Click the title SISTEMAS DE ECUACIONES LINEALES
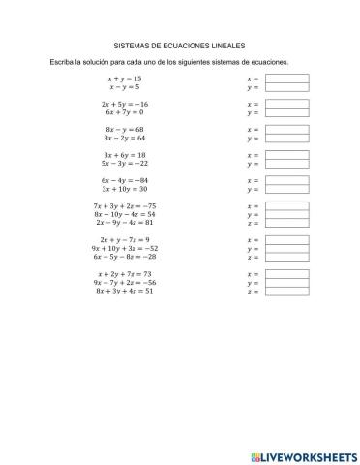pyautogui.click(x=180, y=45)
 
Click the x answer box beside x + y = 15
pyautogui.click(x=285, y=78)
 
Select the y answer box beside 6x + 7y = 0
pyautogui.click(x=285, y=112)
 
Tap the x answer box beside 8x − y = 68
pyautogui.click(x=285, y=129)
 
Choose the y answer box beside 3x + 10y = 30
pyautogui.click(x=285, y=189)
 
